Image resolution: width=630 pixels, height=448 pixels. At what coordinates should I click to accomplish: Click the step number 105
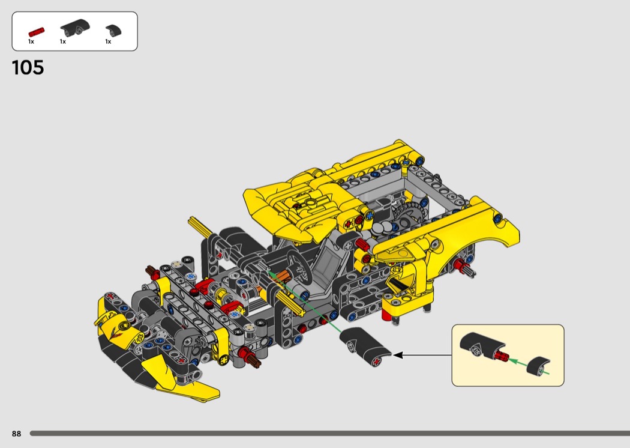coord(28,68)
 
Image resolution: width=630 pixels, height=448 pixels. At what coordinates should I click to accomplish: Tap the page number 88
coord(16,434)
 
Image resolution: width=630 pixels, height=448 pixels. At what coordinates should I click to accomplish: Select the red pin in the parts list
coord(36,32)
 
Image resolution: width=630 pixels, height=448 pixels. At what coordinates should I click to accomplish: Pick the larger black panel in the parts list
coord(75,28)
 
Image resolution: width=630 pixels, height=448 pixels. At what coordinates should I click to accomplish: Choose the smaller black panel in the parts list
coord(113,31)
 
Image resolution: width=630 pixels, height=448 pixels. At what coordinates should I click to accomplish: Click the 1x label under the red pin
coord(31,41)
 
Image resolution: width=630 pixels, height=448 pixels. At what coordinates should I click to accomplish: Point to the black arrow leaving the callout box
coord(422,355)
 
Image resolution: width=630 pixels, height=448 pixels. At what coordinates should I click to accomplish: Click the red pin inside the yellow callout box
coord(502,356)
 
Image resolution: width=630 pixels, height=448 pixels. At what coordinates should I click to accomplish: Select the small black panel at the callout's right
coord(538,366)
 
